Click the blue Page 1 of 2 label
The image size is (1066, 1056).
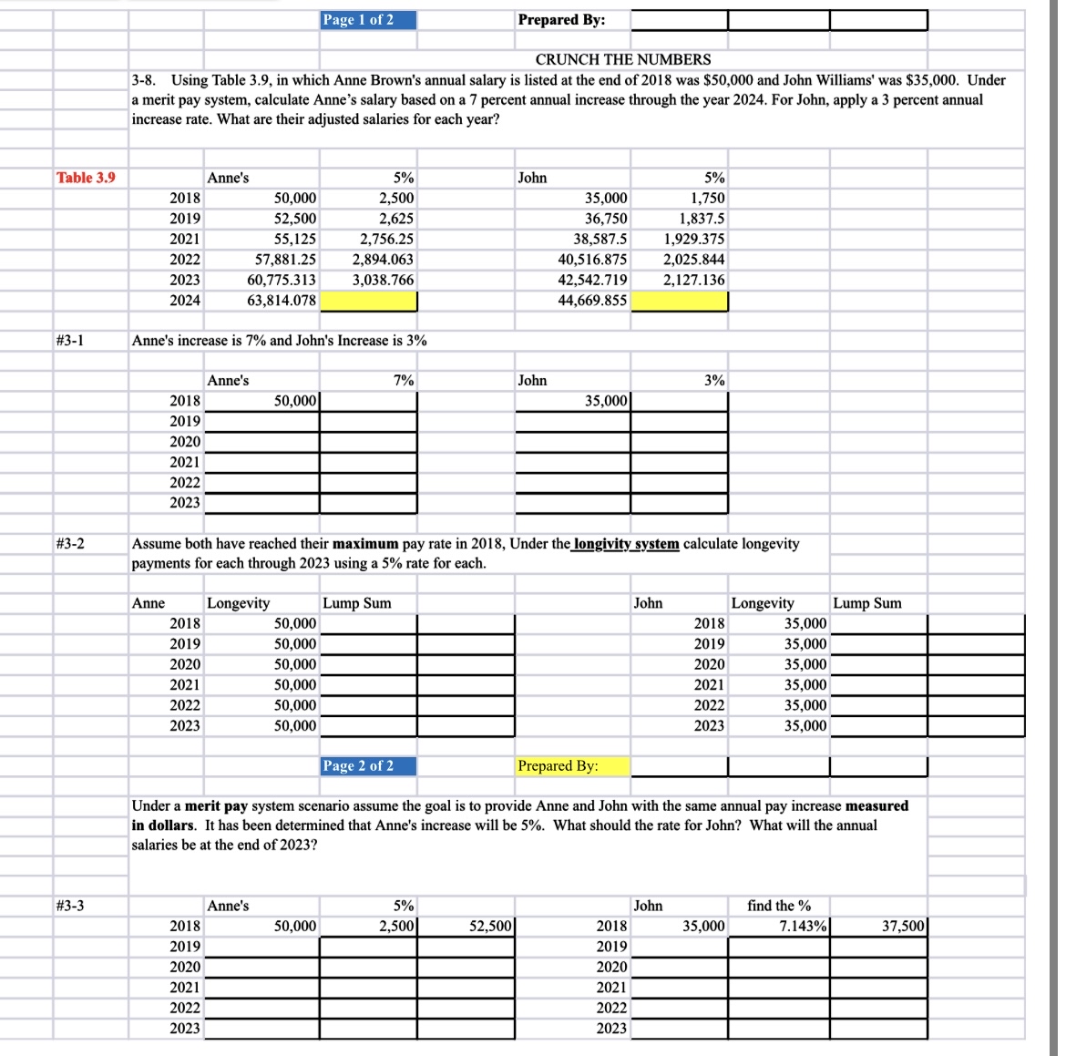[368, 20]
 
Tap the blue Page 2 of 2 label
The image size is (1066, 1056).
[368, 766]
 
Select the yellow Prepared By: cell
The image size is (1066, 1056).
[572, 766]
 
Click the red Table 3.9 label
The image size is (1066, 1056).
[87, 178]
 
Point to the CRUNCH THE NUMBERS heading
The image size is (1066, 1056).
[623, 59]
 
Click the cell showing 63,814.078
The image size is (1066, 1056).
[282, 301]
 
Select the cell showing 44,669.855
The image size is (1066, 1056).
[592, 301]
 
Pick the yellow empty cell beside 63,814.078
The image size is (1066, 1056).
[368, 301]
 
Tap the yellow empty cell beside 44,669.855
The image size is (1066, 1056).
[679, 301]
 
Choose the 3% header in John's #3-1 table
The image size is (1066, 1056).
[714, 381]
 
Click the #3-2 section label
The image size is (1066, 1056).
[70, 544]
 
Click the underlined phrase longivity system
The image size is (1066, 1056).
[626, 544]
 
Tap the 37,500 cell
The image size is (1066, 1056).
[903, 927]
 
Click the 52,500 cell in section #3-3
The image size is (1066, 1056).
[491, 927]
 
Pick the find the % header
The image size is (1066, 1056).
[778, 906]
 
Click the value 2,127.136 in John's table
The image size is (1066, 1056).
[694, 281]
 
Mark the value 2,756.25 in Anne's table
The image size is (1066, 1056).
[386, 240]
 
